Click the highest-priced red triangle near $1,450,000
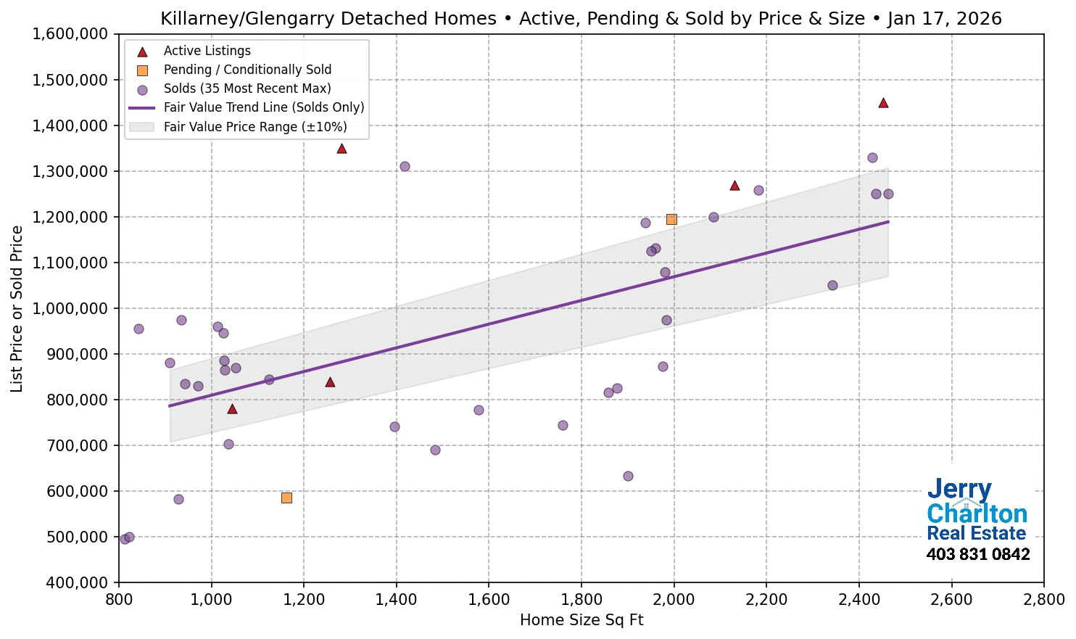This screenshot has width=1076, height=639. (883, 103)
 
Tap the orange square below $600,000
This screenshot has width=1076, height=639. (286, 498)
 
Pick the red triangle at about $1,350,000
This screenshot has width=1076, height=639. (342, 149)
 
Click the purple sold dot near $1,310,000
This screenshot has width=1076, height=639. (405, 166)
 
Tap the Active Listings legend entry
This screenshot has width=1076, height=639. (207, 51)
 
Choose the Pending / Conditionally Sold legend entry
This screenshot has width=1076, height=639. (247, 70)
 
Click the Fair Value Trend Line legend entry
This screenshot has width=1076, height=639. (263, 107)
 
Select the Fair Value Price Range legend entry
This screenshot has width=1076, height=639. (254, 127)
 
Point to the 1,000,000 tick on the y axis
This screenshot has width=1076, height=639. (70, 308)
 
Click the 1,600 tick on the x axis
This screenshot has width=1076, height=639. (489, 600)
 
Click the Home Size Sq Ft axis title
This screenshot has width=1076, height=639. (582, 620)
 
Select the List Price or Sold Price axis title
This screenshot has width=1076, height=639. (17, 308)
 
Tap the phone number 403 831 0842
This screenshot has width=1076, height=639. (977, 555)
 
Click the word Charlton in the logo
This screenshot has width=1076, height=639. (977, 514)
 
